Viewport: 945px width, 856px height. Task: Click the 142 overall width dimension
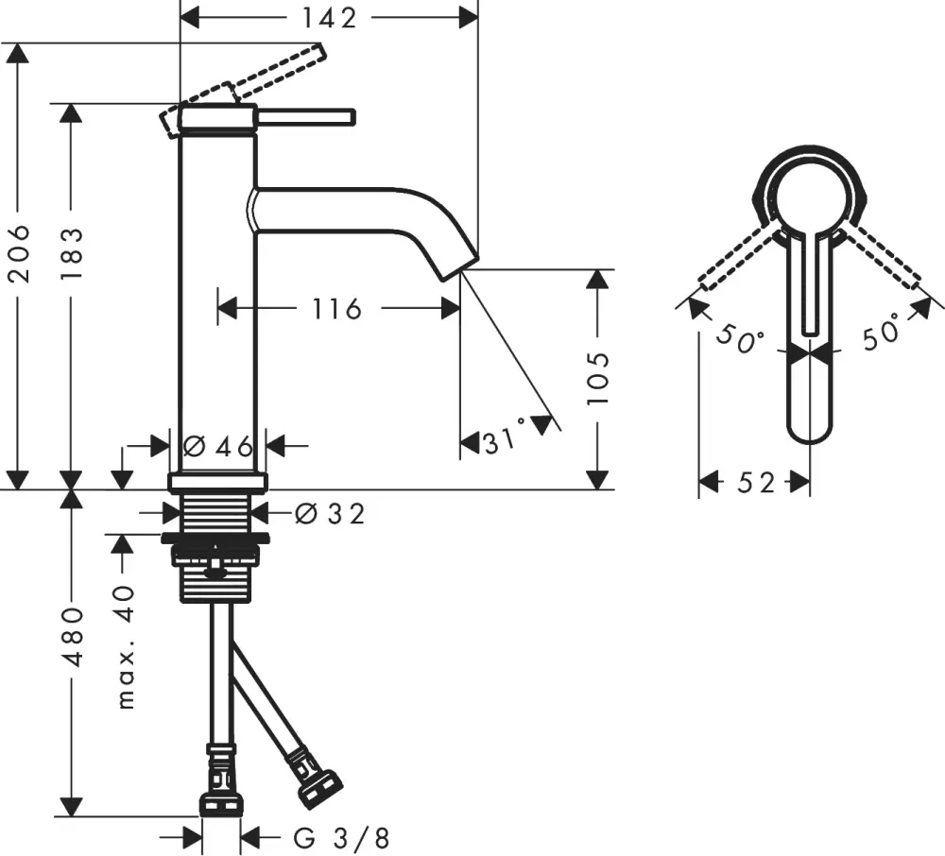329,18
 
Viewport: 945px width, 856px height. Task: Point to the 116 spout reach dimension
338,308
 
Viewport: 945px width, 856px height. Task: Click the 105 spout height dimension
598,379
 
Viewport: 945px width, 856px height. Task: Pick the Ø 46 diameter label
218,446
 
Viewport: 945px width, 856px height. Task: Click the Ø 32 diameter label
329,513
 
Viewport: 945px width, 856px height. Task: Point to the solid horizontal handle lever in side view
306,116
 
